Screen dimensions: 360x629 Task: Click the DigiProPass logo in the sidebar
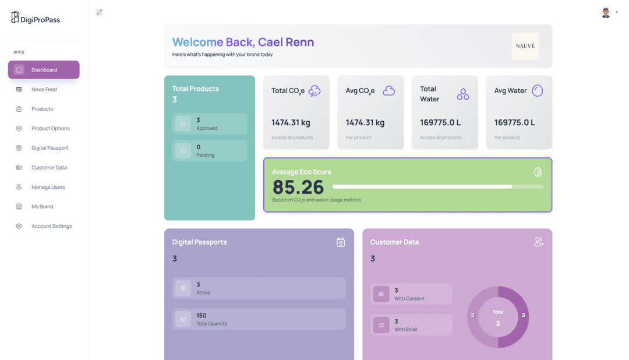click(x=35, y=18)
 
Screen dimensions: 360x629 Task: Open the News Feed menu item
click(x=44, y=89)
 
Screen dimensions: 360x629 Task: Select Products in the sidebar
click(x=42, y=109)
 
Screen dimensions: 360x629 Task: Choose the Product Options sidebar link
click(x=50, y=128)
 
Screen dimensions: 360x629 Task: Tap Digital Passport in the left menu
click(x=50, y=148)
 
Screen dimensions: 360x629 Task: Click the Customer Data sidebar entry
click(x=49, y=167)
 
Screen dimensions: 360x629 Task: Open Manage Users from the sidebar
click(x=48, y=187)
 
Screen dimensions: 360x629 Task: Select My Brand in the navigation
click(x=42, y=206)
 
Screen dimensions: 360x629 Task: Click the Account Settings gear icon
click(x=19, y=226)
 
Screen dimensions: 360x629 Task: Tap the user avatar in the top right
click(x=606, y=12)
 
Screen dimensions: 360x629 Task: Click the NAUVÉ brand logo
click(x=525, y=46)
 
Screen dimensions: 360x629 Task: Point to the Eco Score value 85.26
click(x=298, y=187)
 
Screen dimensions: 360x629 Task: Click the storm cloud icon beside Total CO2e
click(x=314, y=91)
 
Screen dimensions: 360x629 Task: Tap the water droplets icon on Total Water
click(x=463, y=94)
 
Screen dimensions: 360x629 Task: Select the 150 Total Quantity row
click(x=259, y=319)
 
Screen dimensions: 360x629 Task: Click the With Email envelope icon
click(x=381, y=325)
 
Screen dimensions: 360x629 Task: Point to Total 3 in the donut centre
click(x=498, y=318)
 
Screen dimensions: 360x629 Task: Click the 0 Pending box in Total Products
click(x=210, y=151)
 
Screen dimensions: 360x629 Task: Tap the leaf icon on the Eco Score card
click(x=538, y=172)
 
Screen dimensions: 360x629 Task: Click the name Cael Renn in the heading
click(x=286, y=42)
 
